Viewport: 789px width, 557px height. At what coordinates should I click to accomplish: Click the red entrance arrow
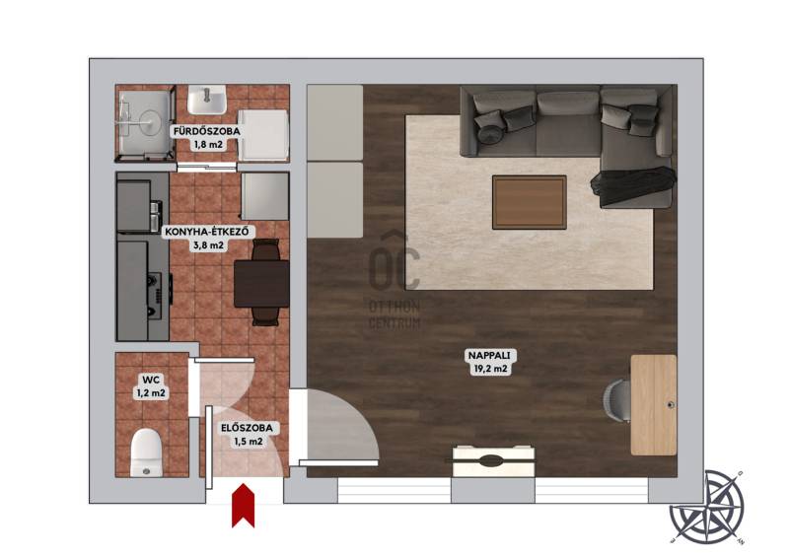[243, 505]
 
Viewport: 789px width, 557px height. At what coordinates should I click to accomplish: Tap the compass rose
[707, 507]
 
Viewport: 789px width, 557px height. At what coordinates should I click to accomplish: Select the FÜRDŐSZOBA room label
[207, 132]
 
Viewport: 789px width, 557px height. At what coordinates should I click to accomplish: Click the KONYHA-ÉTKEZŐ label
[207, 233]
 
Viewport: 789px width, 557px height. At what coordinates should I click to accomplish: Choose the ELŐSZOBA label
[248, 428]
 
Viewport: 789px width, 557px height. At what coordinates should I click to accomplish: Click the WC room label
[151, 380]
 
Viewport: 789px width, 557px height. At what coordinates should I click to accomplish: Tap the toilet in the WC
[146, 452]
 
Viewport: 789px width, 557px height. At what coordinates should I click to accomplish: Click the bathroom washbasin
[206, 100]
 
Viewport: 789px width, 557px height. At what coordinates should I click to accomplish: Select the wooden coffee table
[530, 202]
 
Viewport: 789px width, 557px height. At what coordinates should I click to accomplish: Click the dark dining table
[261, 283]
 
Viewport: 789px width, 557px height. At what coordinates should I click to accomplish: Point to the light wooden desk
[654, 405]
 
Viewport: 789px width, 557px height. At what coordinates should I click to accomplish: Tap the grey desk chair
[617, 401]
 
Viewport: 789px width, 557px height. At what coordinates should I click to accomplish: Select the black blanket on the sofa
[633, 185]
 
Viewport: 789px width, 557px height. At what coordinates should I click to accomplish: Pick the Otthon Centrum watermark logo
[394, 281]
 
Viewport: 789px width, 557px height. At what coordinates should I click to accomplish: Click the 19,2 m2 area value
[490, 369]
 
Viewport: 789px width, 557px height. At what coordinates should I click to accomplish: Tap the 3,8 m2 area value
[208, 246]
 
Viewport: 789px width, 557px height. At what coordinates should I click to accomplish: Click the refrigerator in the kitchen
[264, 197]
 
